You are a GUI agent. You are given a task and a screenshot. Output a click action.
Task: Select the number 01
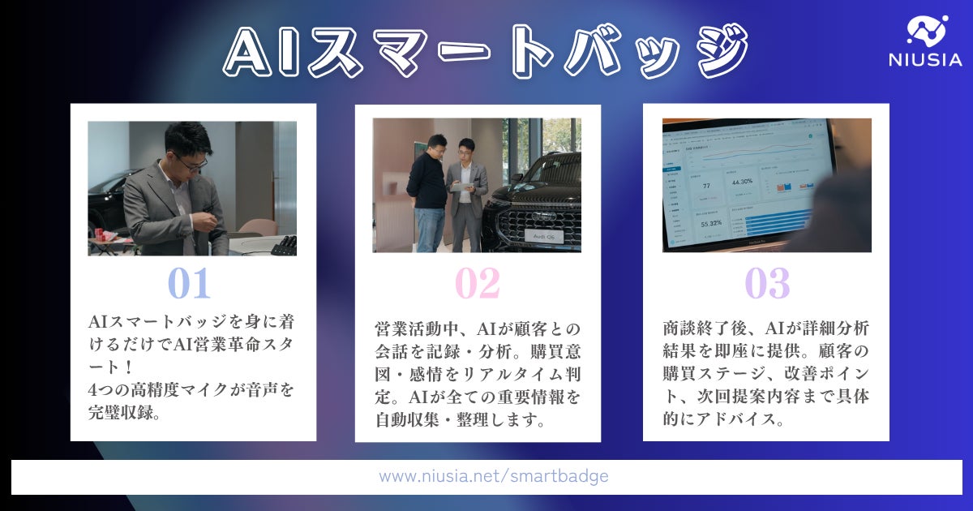189,284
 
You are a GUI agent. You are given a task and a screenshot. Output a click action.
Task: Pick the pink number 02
477,284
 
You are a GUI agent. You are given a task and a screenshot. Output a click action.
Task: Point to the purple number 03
766,284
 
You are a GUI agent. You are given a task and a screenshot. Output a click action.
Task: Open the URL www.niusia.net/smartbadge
493,477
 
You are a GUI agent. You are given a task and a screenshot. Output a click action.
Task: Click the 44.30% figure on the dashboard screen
742,182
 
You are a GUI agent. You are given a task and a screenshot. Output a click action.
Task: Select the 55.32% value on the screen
710,223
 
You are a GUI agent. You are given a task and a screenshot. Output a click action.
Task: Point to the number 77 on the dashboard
705,186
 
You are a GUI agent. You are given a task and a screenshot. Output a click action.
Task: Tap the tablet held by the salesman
460,187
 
